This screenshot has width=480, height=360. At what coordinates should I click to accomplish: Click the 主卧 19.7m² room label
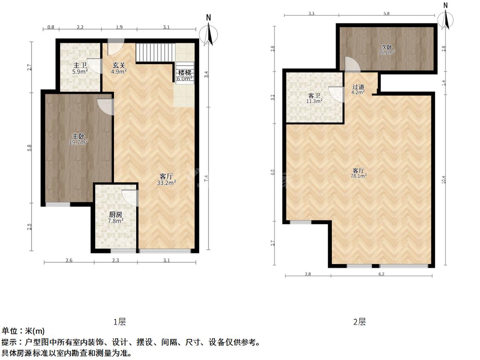click(x=79, y=139)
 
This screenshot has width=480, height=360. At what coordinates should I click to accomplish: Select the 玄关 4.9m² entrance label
click(x=119, y=69)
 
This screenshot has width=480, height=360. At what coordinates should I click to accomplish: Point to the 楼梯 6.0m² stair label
click(x=185, y=75)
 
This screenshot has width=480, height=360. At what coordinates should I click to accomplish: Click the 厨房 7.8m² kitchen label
click(x=116, y=218)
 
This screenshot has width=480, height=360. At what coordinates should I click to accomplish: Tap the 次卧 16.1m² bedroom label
click(x=387, y=49)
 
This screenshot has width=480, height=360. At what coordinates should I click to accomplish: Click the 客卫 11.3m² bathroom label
click(x=314, y=98)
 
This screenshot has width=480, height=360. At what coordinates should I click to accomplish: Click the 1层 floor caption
click(x=119, y=322)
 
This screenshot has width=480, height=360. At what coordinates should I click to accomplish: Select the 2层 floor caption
click(x=360, y=322)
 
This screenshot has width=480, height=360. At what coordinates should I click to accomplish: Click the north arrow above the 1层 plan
click(x=209, y=31)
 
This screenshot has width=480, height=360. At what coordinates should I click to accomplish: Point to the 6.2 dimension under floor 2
click(x=381, y=274)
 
